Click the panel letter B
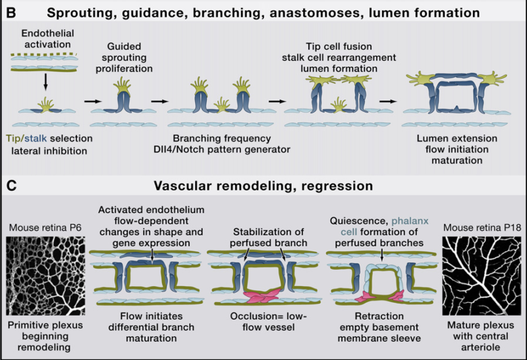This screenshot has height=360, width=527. pos(11,12)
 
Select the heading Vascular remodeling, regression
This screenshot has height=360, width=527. pos(263,187)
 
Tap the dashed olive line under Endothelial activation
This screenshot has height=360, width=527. pos(44,53)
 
